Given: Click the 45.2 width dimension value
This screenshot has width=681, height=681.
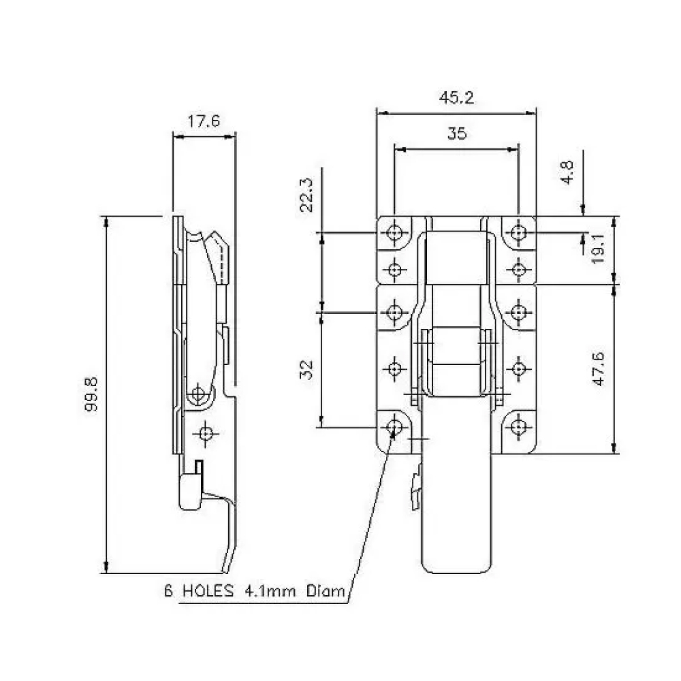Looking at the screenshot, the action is point(456,97).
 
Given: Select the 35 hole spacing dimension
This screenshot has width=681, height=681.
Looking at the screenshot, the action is point(457,133).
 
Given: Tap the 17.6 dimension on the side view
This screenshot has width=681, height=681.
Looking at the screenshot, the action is point(204,121).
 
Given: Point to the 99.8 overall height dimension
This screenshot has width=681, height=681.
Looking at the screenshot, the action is point(91,394).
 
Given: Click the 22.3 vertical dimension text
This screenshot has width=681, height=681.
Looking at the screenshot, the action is point(306,195).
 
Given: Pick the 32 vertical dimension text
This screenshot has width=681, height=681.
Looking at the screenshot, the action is point(306,370).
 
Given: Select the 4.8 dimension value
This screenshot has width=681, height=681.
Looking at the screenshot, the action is point(568,172).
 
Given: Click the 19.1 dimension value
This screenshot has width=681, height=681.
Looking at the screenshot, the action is point(599,249).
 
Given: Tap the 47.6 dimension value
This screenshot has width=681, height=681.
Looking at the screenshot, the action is point(599,369).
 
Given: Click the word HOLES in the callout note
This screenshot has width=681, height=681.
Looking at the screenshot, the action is point(208,591).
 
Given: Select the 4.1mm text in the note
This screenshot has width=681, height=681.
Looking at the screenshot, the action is point(270,591).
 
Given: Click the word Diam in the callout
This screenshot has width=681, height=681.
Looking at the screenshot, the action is point(326,591).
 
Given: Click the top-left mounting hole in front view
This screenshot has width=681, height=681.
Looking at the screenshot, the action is point(394,233).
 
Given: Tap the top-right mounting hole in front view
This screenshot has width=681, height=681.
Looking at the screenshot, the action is point(518,233).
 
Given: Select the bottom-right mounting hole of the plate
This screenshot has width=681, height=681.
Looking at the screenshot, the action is point(518,427).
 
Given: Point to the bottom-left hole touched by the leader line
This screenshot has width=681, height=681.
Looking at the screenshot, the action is point(394,427).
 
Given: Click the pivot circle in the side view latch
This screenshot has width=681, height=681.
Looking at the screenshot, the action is point(198,394).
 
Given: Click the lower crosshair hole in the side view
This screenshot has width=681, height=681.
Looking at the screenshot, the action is point(206,433).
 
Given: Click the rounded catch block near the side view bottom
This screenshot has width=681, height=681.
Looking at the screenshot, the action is point(190,492).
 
